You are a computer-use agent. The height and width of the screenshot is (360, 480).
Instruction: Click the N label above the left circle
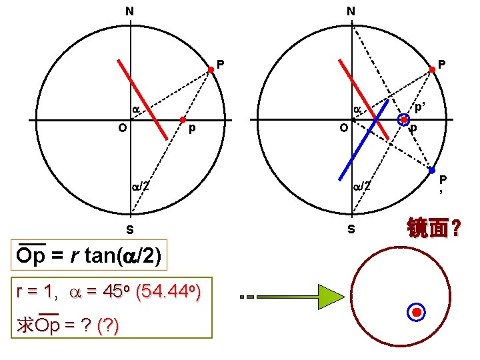click(129, 11)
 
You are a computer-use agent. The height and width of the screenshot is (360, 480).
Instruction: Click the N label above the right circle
click(351, 11)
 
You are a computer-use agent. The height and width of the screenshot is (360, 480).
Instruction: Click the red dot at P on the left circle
click(210, 69)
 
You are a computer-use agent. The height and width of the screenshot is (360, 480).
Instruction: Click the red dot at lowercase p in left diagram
click(183, 120)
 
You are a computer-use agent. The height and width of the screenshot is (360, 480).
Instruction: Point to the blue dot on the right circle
click(431, 171)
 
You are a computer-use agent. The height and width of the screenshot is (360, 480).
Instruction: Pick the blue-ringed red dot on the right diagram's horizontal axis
click(404, 120)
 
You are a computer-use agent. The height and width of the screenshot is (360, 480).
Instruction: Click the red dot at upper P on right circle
click(431, 69)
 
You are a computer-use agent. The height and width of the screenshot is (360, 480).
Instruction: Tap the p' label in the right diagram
click(420, 107)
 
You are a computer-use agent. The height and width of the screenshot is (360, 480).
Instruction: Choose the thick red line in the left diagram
click(143, 99)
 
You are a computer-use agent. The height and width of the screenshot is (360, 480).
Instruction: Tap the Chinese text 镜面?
click(434, 230)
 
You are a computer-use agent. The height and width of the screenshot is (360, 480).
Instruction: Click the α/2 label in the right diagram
click(362, 187)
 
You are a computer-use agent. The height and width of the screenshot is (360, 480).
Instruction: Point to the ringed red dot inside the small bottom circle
click(417, 312)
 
